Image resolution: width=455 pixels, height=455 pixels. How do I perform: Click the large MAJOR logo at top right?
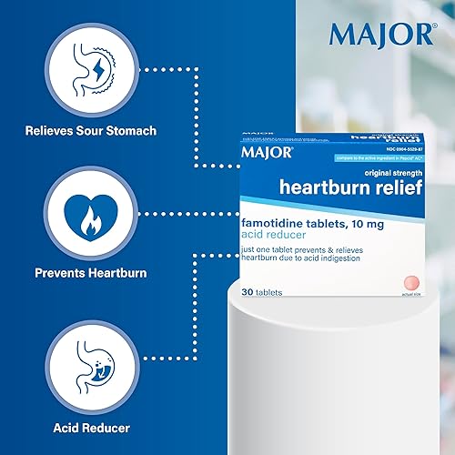382,34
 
